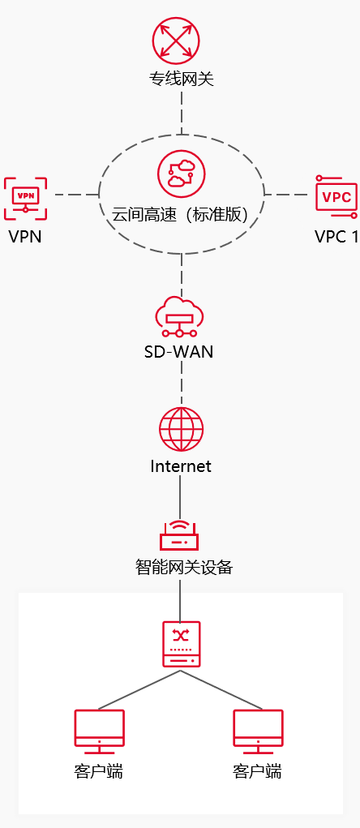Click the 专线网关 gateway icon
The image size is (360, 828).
coord(176,41)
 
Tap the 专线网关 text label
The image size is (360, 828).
coord(181,79)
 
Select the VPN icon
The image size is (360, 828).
coord(25,198)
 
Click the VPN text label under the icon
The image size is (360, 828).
coord(25,238)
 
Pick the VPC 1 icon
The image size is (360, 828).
coord(336,197)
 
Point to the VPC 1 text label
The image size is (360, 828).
coord(336,238)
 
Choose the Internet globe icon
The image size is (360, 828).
coord(181,429)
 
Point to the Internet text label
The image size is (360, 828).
coord(181,466)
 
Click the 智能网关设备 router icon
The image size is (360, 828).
coord(180,535)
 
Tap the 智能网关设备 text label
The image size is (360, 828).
coord(184,568)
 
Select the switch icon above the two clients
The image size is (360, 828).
coord(181,645)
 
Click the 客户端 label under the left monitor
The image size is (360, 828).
coord(99,771)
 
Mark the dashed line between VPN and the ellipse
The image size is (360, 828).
coord(75,195)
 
